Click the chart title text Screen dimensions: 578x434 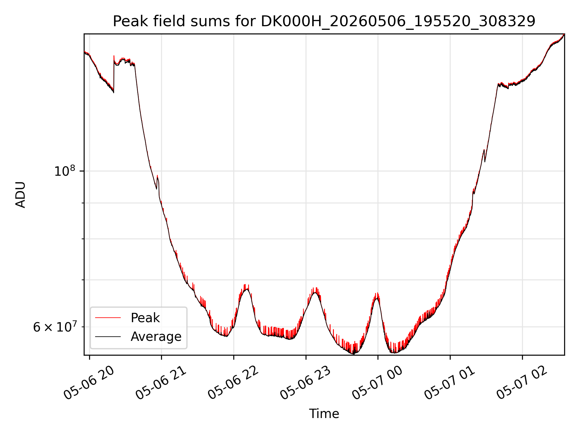tap(324, 21)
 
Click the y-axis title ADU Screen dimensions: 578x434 tap(20, 195)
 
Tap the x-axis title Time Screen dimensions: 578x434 tap(324, 414)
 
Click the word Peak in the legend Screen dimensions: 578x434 tap(145, 318)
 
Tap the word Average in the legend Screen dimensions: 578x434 tap(156, 337)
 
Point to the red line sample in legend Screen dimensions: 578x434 tap(108, 318)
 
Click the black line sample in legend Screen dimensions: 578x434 tap(108, 336)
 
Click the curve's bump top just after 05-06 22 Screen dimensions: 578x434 tap(247, 289)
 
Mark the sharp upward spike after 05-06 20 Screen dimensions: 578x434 tap(114, 56)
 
